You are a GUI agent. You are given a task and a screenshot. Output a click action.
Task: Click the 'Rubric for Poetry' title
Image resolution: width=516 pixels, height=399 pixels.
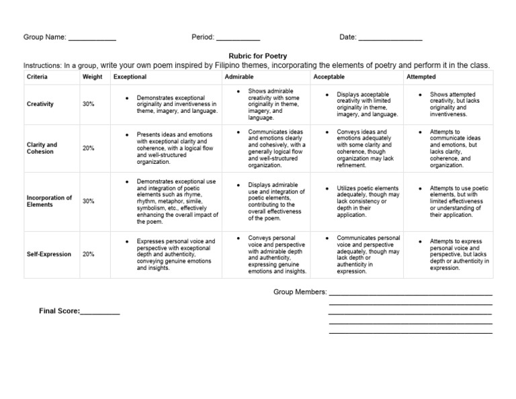(258, 56)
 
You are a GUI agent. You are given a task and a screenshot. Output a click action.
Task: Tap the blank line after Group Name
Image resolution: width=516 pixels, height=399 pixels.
(92, 39)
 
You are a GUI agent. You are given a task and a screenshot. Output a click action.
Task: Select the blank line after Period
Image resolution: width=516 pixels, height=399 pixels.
(238, 39)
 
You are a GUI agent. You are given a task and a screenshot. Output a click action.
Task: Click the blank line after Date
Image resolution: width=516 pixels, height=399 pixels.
(390, 39)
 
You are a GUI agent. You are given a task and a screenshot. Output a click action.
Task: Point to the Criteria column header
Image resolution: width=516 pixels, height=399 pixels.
(37, 77)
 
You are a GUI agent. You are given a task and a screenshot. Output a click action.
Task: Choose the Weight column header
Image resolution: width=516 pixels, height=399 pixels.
(93, 77)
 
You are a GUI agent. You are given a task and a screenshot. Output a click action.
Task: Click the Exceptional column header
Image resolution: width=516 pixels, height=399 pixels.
(130, 77)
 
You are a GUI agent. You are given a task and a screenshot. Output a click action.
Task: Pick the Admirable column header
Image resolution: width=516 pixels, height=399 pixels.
(239, 77)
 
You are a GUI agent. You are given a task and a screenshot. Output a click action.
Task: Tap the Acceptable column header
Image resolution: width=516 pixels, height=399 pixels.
(329, 77)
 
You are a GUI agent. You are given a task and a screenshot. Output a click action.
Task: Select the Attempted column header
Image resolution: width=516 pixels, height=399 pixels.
(421, 77)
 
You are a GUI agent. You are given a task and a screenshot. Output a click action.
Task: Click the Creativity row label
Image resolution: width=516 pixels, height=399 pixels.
(40, 104)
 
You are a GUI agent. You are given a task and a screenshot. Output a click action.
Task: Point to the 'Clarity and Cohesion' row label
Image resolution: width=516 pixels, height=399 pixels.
(42, 148)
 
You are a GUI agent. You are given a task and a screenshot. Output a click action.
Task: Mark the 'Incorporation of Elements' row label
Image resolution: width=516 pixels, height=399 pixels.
(49, 201)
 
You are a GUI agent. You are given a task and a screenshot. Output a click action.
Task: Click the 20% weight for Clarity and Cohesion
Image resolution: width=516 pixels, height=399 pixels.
(89, 148)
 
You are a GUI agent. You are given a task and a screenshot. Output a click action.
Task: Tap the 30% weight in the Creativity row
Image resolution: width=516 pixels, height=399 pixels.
(89, 104)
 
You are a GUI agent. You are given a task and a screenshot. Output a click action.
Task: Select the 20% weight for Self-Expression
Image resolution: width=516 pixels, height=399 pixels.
(89, 255)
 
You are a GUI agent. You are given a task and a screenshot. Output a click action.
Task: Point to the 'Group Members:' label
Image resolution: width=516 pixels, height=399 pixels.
(300, 292)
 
